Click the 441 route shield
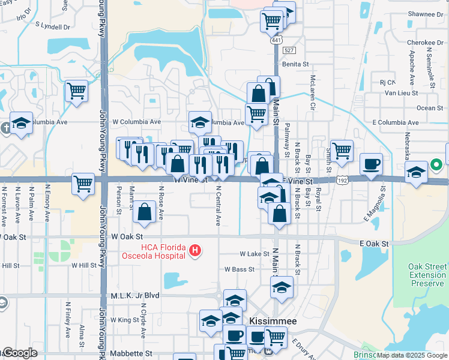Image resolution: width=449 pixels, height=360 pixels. coord(276,40)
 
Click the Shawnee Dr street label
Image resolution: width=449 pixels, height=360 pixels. coord(425,14)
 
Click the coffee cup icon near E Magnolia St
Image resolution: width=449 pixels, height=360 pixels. coord(371,164)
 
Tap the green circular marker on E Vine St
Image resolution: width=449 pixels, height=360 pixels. coord(436,164)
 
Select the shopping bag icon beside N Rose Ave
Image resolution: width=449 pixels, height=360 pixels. coord(145,212)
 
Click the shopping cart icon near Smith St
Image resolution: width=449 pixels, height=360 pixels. coord(342,151)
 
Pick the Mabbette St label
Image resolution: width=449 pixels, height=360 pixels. coord(131,355)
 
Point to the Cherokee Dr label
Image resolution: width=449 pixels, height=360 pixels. coord(424,43)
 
